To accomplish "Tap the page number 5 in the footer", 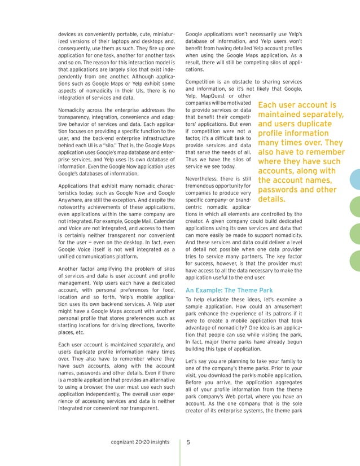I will pos(188,442).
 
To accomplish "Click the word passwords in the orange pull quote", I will pos(279,190).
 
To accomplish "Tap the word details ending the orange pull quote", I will pos(271,200).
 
